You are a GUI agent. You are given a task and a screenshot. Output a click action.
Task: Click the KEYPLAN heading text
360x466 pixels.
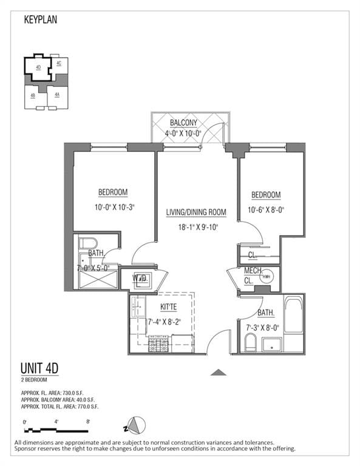click(x=41, y=20)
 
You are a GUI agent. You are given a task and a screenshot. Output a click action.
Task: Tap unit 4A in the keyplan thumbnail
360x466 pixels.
click(x=57, y=95)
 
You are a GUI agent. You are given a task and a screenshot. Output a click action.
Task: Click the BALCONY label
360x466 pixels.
click(x=183, y=123)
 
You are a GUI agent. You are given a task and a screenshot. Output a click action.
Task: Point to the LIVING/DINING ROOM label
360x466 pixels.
click(x=196, y=212)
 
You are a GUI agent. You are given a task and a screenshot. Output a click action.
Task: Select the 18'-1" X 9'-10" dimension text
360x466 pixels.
click(x=196, y=227)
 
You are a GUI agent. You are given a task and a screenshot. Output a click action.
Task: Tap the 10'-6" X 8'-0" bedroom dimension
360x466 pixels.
click(x=266, y=210)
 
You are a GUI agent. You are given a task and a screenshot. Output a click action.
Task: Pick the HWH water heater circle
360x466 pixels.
click(x=267, y=277)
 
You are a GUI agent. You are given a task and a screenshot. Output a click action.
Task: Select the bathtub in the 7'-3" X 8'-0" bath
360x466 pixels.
click(x=294, y=316)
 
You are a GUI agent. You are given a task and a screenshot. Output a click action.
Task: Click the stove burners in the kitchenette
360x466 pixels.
click(x=158, y=345)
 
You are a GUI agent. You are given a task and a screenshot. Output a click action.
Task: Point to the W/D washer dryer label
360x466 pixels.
click(x=141, y=278)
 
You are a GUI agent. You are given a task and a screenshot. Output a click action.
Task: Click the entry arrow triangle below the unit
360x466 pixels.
click(x=218, y=372)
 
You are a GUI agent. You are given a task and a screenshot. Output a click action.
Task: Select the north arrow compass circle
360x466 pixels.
click(x=138, y=425)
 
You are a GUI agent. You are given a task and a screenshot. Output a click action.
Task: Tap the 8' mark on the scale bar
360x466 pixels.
click(x=89, y=421)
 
